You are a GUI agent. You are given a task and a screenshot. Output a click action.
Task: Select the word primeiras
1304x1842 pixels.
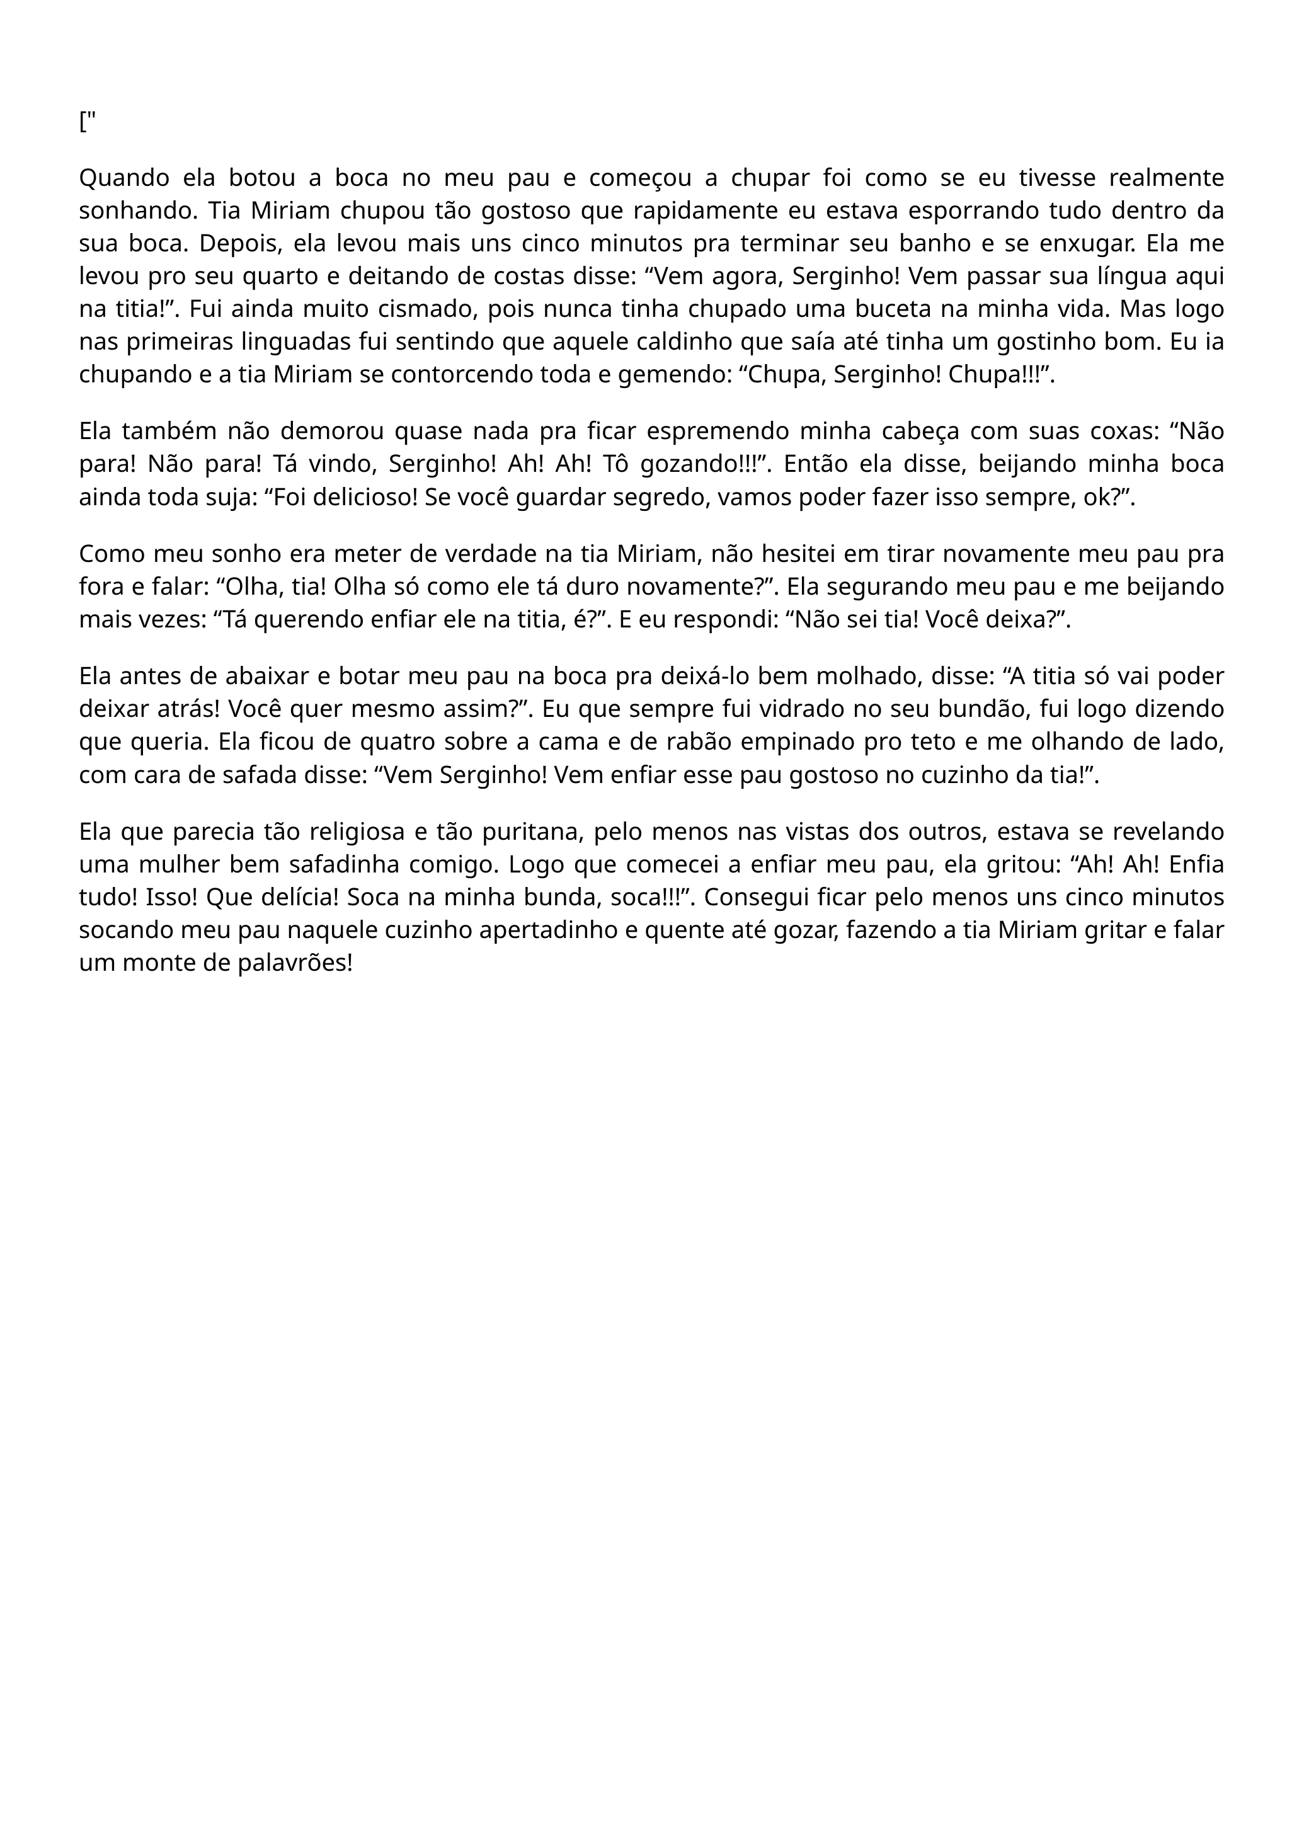181,342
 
